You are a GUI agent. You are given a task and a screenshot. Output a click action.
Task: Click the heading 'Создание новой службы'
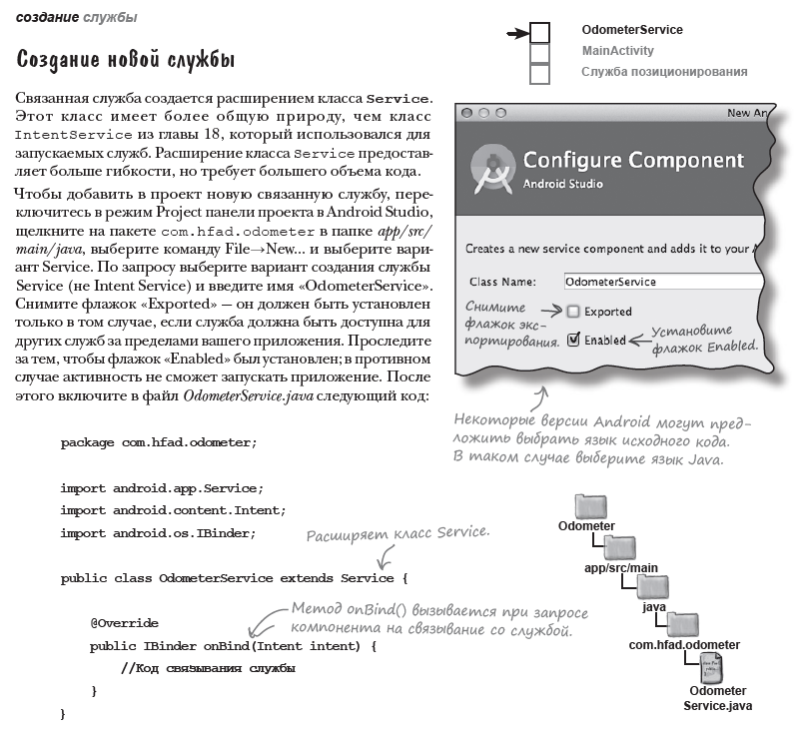tap(126, 59)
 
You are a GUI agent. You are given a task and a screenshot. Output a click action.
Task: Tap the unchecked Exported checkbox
tap(573, 312)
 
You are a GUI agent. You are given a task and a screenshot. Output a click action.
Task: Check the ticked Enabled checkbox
tap(573, 340)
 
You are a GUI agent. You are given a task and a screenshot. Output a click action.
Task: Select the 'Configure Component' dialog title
tap(633, 160)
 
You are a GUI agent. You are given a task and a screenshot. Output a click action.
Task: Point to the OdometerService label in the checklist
tap(632, 30)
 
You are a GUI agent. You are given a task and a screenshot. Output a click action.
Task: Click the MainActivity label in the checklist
tap(618, 51)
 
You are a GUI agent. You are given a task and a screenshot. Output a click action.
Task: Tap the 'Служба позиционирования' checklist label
tap(664, 72)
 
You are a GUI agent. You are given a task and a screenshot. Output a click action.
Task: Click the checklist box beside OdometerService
tap(539, 33)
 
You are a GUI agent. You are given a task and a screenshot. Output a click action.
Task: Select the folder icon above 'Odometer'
tap(592, 506)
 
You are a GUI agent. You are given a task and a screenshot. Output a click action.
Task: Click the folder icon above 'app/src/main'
tap(621, 548)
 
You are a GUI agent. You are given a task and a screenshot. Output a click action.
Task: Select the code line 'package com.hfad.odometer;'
tap(158, 442)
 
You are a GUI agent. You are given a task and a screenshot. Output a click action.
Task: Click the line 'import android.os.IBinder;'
tap(158, 533)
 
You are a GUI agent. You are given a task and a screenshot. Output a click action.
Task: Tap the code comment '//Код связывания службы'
tap(208, 668)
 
